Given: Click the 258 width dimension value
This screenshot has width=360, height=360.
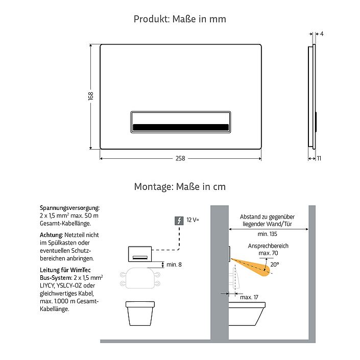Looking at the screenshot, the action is pos(180,158).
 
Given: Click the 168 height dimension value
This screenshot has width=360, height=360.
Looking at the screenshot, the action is pos(91,95).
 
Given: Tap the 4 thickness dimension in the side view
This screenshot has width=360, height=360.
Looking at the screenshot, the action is pos(322,34).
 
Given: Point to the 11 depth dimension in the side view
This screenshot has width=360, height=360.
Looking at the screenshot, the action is pos(319,158).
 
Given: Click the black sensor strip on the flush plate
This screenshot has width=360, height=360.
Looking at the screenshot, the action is pos(181,127).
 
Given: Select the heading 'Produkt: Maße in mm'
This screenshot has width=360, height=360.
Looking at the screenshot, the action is pos(180,19).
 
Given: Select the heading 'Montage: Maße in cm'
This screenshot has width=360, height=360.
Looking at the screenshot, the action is pos(180,187).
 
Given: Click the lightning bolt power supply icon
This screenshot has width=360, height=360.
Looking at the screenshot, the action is pos(179,221).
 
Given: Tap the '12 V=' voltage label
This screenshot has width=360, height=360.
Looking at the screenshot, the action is pos(193,220).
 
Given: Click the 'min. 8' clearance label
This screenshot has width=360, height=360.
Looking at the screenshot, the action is pos(174,265).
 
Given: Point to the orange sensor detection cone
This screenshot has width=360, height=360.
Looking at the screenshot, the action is pos(253,267).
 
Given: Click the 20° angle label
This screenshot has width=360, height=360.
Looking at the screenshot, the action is pos(275,265).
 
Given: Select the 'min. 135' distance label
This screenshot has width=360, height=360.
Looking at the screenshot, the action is pos(267,234).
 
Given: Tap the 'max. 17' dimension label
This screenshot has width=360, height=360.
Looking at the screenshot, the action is pos(249,297).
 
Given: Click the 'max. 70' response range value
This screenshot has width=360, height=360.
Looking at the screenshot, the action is pos(268,253).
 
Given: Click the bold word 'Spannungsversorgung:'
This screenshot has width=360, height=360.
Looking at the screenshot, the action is pos(70,208).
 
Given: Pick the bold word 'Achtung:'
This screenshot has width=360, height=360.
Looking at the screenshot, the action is pos(52,235).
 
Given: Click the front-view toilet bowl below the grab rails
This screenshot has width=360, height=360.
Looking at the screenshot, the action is pos(140,314).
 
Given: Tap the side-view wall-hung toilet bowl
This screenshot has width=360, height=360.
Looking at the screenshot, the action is pos(247,314).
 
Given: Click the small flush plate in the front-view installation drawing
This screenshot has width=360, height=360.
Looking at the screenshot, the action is pos(140,254).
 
